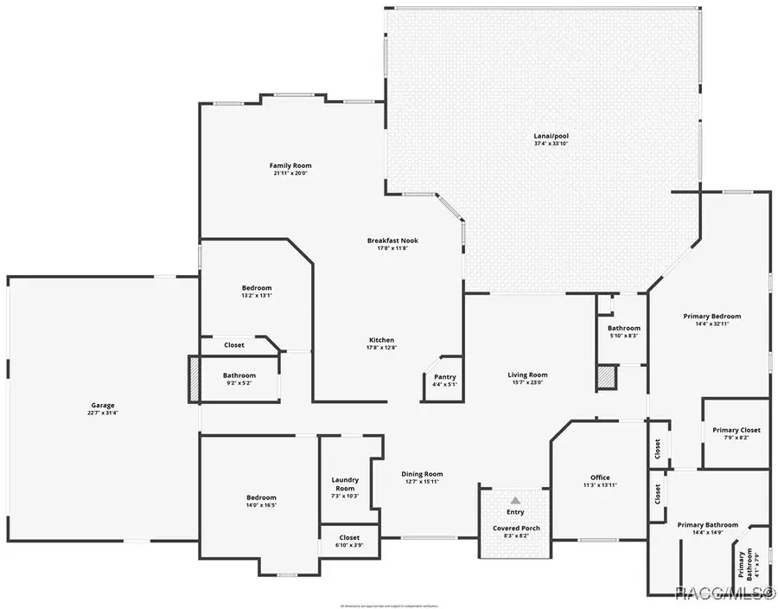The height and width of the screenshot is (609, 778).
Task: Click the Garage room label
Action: click(x=103, y=405)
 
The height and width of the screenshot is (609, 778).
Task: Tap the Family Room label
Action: click(x=290, y=165)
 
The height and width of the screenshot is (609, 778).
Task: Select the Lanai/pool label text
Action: click(x=551, y=136)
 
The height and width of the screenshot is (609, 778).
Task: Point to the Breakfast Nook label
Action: click(x=392, y=240)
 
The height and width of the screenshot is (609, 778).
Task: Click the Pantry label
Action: click(x=444, y=376)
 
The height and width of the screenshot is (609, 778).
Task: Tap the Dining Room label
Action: click(x=422, y=473)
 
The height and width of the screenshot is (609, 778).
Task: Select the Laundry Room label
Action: click(x=345, y=484)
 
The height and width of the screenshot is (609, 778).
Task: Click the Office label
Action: click(x=600, y=478)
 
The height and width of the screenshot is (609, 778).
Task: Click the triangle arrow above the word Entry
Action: click(x=515, y=500)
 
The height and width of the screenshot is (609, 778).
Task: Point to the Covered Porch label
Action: click(x=516, y=528)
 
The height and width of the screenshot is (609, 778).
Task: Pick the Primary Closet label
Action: click(x=737, y=430)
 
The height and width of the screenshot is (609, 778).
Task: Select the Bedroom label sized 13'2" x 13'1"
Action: click(x=256, y=288)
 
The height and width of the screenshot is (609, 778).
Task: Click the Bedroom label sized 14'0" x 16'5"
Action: click(x=261, y=497)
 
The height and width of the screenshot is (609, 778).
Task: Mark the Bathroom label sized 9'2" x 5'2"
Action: click(x=239, y=375)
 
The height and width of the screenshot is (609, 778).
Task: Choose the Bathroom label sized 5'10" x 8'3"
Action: click(x=623, y=328)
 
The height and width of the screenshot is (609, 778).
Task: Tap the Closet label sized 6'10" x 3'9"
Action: click(x=349, y=537)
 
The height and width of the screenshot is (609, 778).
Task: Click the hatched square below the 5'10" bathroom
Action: click(x=606, y=377)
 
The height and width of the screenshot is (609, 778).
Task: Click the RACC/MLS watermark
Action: click(x=724, y=593)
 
